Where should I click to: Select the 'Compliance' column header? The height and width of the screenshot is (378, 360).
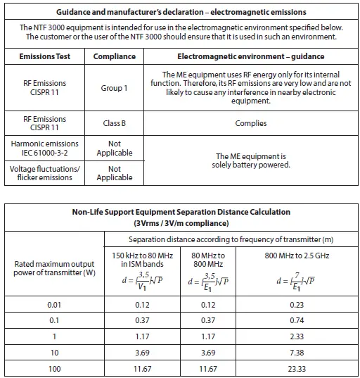point(114,56)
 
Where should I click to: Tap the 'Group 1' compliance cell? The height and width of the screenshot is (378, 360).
point(114,88)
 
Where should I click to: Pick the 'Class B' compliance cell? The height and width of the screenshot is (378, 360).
point(114,123)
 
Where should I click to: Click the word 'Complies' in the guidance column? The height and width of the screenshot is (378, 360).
point(251,123)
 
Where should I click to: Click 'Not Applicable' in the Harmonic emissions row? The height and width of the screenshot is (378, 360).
point(114,148)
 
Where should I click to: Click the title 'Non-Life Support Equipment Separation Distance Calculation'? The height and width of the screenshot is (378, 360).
point(181,211)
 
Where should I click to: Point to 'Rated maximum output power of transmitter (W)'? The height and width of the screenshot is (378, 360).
point(55,268)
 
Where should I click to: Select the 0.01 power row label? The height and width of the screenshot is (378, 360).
point(55,304)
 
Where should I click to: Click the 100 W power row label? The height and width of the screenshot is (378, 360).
point(55,368)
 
